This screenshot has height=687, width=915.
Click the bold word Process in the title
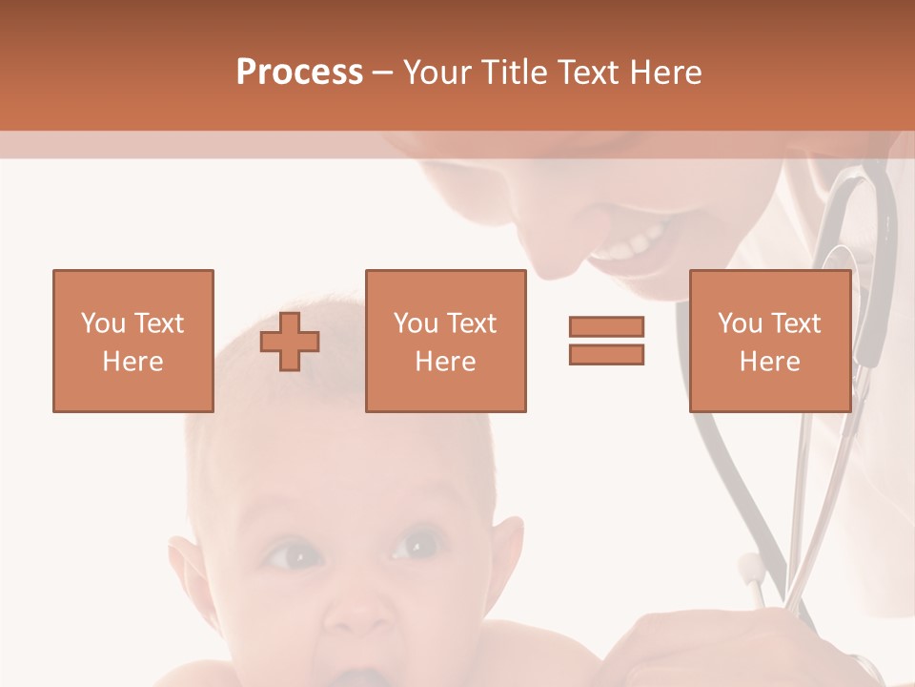tap(299, 73)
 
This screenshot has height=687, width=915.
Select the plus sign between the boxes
tap(290, 342)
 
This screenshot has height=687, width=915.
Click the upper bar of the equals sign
tap(606, 326)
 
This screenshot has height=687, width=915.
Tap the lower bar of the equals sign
tap(606, 354)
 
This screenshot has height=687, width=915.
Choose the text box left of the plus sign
tap(132, 341)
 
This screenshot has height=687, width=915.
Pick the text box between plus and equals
tap(445, 341)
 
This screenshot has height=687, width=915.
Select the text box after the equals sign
tap(769, 341)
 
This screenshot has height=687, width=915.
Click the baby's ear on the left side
tap(187, 568)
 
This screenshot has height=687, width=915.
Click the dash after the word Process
tap(382, 73)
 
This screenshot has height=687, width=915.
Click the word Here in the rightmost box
tap(769, 362)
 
